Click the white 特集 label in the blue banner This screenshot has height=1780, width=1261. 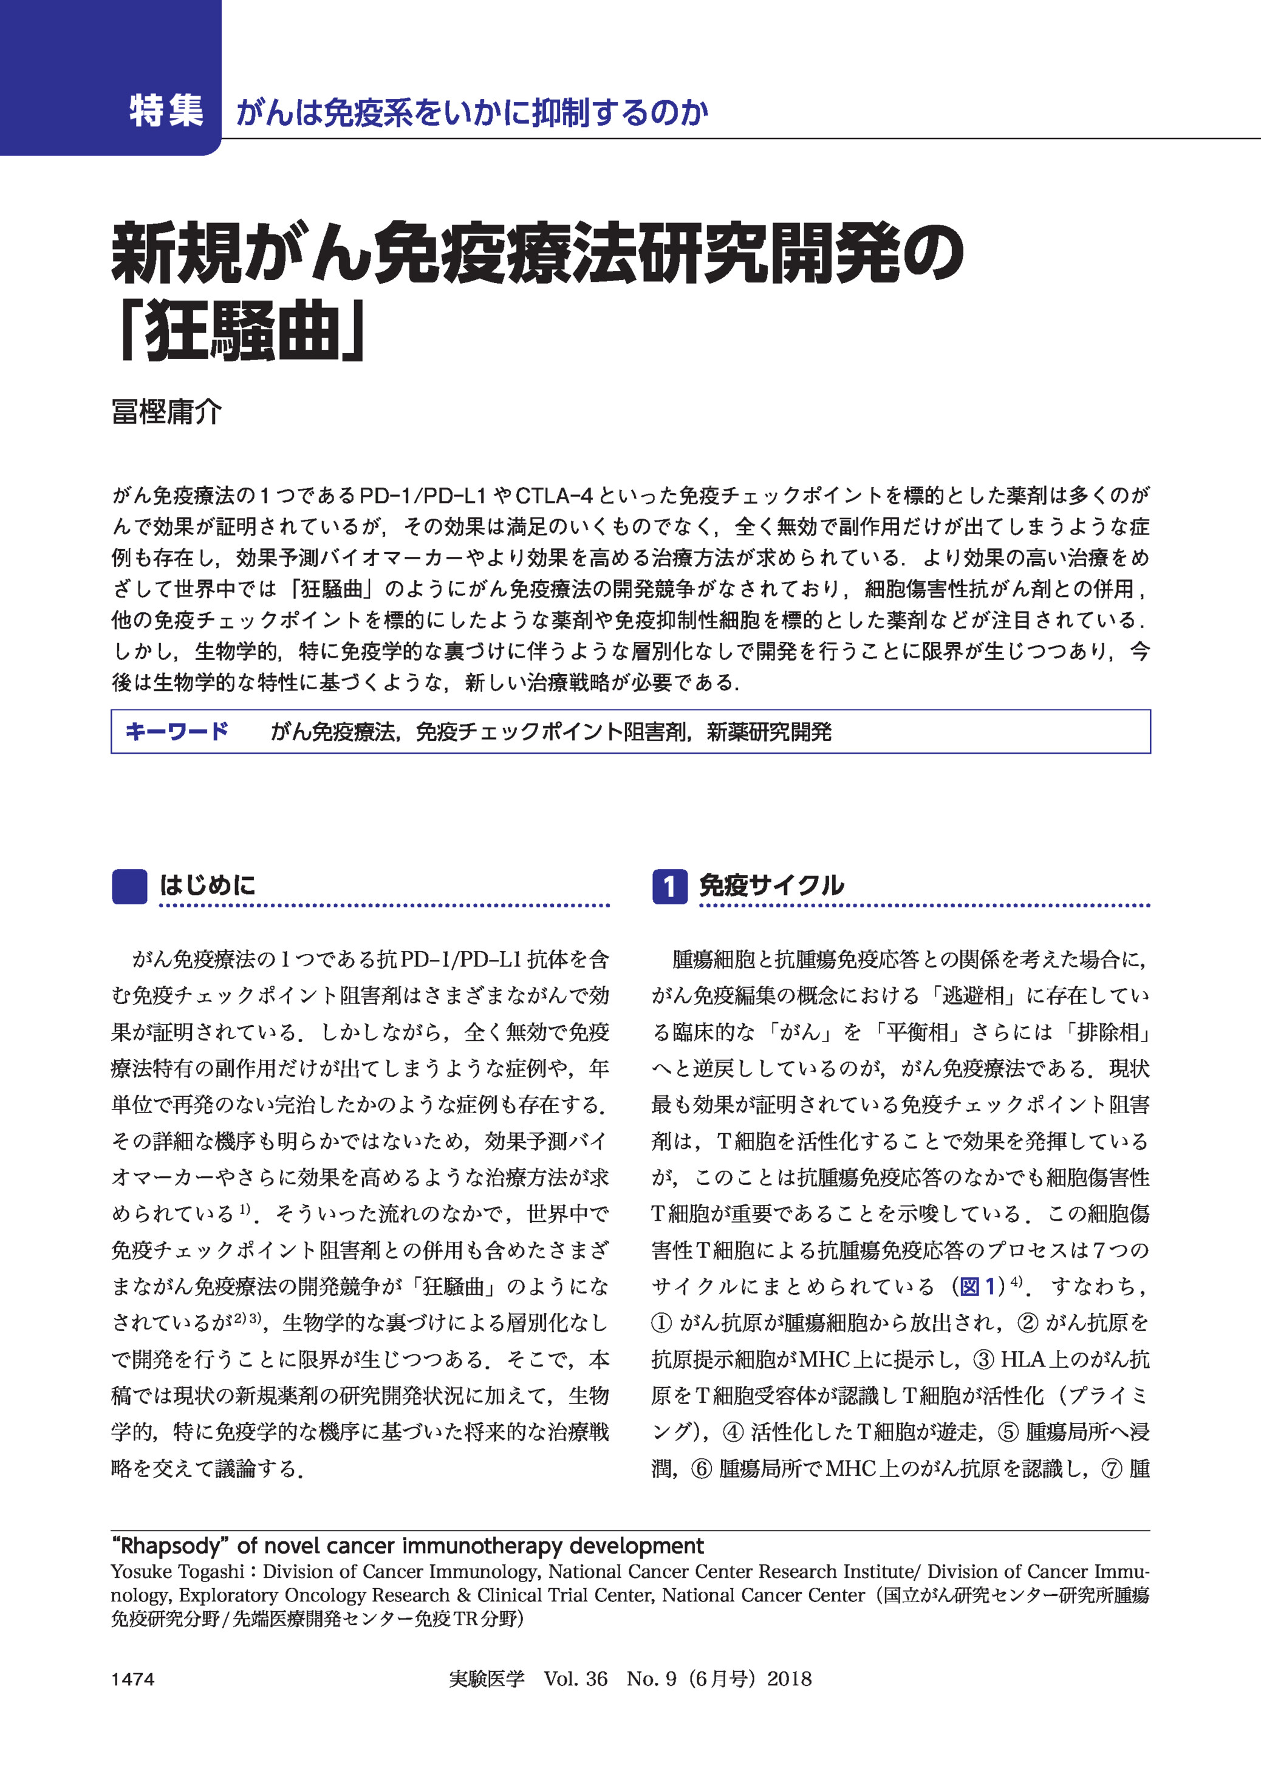click(x=166, y=111)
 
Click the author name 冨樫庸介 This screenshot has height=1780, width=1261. click(x=166, y=411)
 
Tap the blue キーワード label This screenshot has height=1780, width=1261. click(x=177, y=731)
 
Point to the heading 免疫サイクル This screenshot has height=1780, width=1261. click(x=771, y=885)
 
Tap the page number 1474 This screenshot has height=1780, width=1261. click(x=133, y=1679)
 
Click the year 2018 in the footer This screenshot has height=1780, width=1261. click(x=789, y=1679)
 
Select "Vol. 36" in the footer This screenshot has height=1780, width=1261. click(x=575, y=1679)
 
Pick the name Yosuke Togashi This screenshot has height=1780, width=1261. click(x=177, y=1571)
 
